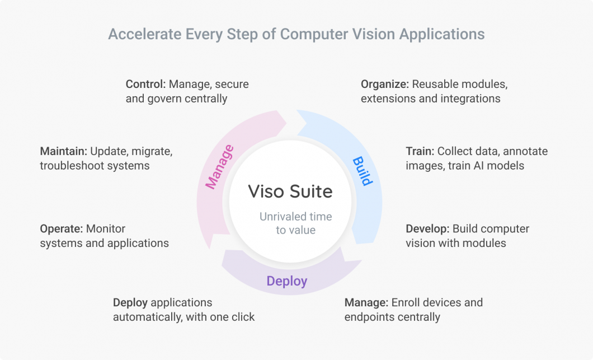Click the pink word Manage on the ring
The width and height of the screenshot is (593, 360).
220,167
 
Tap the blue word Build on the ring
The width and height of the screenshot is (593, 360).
362,171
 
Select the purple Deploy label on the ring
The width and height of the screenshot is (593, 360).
286,280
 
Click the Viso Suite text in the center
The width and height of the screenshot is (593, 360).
290,191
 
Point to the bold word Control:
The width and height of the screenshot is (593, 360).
145,84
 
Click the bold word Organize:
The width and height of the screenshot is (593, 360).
385,84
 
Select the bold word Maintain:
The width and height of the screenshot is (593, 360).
63,151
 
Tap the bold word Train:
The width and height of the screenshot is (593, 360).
420,151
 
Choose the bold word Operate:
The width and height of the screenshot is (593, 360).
61,228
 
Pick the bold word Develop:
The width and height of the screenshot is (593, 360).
427,228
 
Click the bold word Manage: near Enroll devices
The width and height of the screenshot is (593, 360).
366,302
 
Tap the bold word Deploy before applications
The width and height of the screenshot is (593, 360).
130,302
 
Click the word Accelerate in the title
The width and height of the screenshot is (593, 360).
142,34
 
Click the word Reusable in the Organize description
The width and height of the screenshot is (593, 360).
434,84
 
